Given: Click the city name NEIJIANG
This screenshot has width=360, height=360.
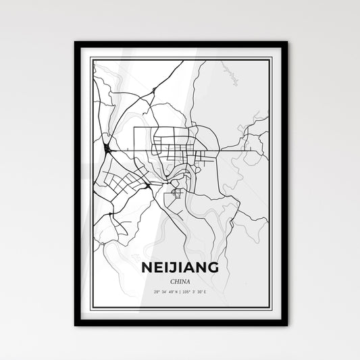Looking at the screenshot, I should click(180, 249).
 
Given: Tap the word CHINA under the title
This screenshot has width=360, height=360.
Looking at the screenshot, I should click(180, 263).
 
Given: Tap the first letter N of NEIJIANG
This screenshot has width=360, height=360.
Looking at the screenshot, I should click(148, 249).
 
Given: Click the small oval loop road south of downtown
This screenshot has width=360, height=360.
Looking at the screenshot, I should click(177, 194).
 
